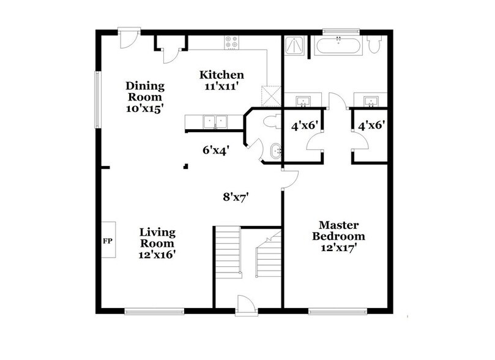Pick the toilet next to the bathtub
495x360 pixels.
coord(376,45)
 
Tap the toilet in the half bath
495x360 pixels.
coord(267,122)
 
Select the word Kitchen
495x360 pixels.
coord(221,75)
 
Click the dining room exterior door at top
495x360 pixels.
coord(128,37)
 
